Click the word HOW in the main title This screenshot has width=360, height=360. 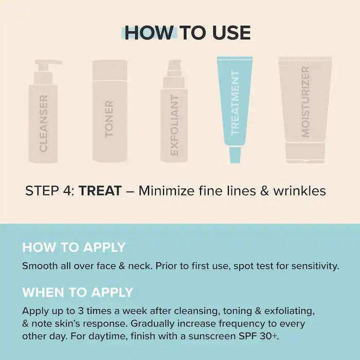click(149, 32)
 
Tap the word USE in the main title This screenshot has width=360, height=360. click(231, 32)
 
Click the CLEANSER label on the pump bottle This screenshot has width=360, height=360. click(43, 123)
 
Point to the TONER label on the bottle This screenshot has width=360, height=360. click(109, 119)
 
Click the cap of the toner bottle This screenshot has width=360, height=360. click(110, 70)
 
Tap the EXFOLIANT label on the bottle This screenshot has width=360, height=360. click(174, 125)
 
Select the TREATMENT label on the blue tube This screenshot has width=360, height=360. click(235, 103)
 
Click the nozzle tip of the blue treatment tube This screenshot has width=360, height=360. click(235, 155)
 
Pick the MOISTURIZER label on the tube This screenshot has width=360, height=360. click(305, 102)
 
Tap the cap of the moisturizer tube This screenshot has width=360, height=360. click(305, 153)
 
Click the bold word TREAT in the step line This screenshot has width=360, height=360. click(100, 191)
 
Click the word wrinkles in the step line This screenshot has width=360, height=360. click(300, 191)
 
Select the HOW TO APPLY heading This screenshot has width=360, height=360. click(74, 247)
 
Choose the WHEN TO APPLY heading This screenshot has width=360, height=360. click(78, 292)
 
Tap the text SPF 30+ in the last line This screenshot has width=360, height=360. click(259, 336)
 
